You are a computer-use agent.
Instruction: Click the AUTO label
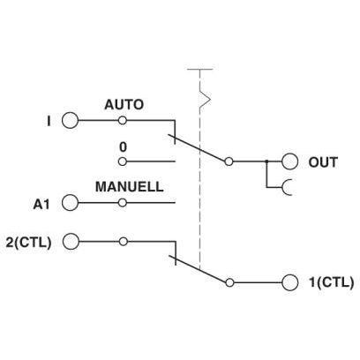[124, 105]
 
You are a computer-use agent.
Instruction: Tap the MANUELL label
[130, 187]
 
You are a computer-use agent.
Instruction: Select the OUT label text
[323, 162]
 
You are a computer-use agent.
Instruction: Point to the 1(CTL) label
[331, 282]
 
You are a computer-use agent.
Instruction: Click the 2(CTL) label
[28, 243]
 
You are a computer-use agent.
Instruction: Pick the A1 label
[41, 205]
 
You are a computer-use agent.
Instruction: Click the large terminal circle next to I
[71, 121]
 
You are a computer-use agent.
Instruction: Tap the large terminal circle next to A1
[71, 203]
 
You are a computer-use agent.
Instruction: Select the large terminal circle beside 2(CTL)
[71, 242]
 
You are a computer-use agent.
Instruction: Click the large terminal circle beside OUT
[289, 161]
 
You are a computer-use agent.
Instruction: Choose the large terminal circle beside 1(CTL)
[289, 282]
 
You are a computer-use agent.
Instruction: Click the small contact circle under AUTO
[123, 120]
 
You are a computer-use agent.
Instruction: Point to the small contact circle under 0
[123, 161]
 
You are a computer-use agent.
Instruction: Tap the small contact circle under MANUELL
[123, 203]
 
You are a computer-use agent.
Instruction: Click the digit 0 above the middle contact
[123, 147]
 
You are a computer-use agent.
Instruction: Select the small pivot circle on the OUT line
[229, 161]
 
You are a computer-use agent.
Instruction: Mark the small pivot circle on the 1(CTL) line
[229, 282]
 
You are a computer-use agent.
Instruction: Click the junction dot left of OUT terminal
[266, 161]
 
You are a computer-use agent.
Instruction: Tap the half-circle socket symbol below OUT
[283, 187]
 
